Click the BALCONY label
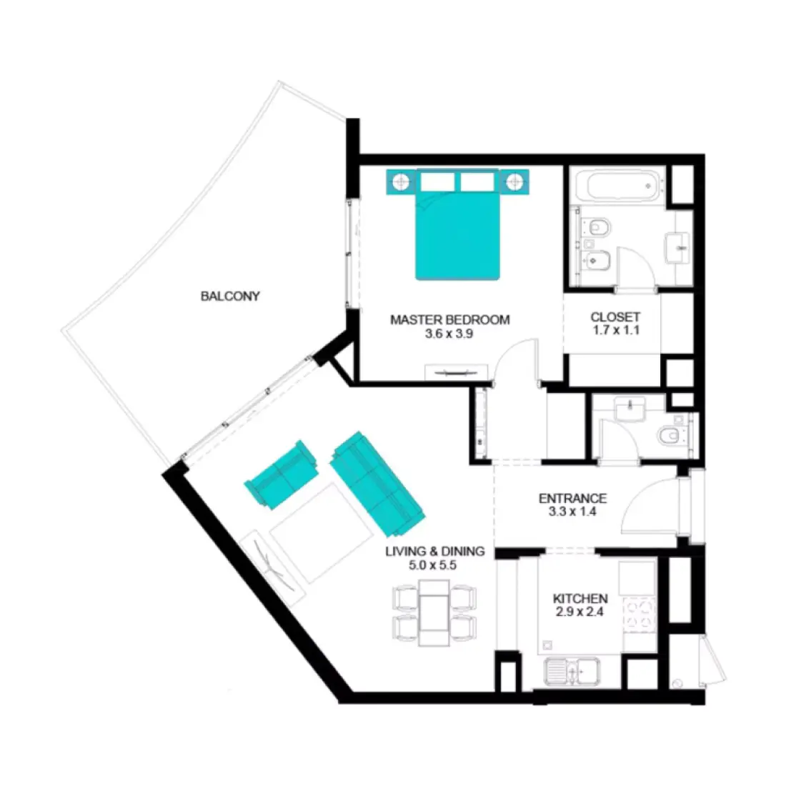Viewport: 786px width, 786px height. (x=230, y=296)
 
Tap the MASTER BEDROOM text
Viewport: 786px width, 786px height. (x=449, y=319)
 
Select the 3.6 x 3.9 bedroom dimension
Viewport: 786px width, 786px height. (x=449, y=333)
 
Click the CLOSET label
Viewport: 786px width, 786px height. (x=615, y=317)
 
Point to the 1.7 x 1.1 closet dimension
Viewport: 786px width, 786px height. (x=615, y=330)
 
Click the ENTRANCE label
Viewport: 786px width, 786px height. (x=572, y=498)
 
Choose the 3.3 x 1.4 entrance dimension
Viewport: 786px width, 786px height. (x=572, y=512)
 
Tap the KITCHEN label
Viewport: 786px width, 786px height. (x=580, y=598)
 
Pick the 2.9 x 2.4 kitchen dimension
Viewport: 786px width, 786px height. (x=580, y=612)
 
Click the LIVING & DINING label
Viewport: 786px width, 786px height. (x=434, y=551)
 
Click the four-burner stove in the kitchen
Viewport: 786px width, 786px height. (x=640, y=615)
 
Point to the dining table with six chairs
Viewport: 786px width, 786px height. (x=434, y=611)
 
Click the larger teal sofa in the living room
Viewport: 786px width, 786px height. (x=377, y=484)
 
